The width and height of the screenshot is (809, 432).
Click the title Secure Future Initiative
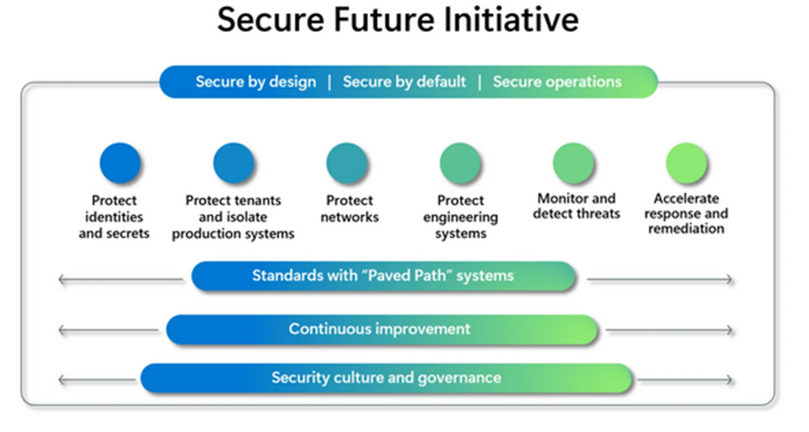(398, 21)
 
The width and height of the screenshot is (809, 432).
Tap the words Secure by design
(256, 82)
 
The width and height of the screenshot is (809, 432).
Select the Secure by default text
(404, 82)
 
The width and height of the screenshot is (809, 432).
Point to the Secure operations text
(557, 82)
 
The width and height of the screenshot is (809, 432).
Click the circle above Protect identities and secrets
(119, 163)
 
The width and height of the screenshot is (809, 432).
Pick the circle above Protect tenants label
(233, 163)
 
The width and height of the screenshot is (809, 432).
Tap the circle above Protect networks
(347, 163)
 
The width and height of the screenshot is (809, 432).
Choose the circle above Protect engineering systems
(460, 163)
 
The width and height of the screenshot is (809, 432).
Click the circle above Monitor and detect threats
(573, 163)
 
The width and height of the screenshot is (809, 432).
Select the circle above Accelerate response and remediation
(686, 163)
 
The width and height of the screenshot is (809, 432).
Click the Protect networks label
(350, 209)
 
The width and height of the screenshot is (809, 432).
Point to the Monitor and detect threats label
(576, 206)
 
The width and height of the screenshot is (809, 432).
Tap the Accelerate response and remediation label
(686, 213)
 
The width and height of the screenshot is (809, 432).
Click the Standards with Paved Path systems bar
(384, 276)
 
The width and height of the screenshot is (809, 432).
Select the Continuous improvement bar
(382, 329)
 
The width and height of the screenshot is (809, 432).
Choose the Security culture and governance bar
(386, 378)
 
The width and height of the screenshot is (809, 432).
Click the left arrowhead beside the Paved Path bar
(61, 280)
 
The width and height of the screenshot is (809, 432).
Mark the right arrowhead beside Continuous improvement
(729, 330)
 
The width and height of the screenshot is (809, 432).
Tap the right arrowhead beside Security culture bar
(729, 380)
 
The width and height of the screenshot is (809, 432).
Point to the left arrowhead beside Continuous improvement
(61, 330)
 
